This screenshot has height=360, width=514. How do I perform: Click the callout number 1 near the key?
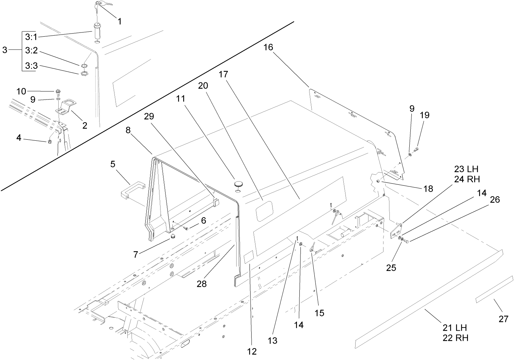(x=119, y=21)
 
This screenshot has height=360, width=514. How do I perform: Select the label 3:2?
(x=31, y=51)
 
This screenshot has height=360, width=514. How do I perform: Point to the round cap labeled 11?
(x=238, y=184)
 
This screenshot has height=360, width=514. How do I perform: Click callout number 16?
(x=268, y=47)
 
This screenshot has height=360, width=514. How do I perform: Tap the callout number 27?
(x=503, y=318)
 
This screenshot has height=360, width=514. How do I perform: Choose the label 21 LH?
(x=455, y=328)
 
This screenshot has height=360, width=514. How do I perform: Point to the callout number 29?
(x=149, y=116)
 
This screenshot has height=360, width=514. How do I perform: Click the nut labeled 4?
(x=50, y=141)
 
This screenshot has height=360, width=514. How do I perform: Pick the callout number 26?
(x=494, y=199)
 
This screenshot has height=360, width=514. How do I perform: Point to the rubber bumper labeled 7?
(x=172, y=237)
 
